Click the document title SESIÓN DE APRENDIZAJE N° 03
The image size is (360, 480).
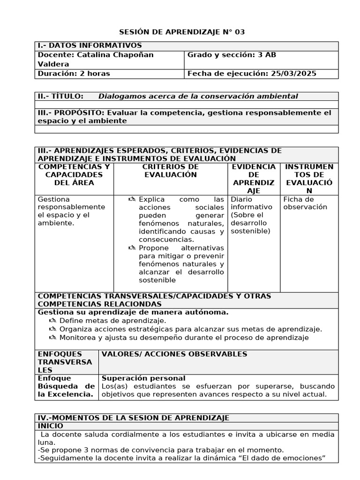[x=182, y=32]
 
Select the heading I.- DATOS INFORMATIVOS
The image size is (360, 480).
[x=90, y=45]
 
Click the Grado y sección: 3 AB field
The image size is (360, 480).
[x=232, y=55]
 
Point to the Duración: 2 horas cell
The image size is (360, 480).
[x=74, y=74]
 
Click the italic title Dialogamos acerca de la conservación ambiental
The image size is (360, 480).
[x=198, y=96]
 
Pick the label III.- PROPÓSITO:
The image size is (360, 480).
[x=71, y=112]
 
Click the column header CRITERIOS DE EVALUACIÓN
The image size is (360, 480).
[x=170, y=171]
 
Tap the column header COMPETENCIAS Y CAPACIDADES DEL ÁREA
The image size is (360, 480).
[x=74, y=174]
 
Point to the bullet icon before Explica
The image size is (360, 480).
[x=132, y=199]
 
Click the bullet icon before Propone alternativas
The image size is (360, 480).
[x=132, y=247]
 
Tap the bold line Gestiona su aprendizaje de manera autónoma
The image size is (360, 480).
[x=133, y=312]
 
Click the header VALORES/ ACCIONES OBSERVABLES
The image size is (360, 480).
[x=174, y=354]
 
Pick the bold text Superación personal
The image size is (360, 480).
[x=143, y=378]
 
